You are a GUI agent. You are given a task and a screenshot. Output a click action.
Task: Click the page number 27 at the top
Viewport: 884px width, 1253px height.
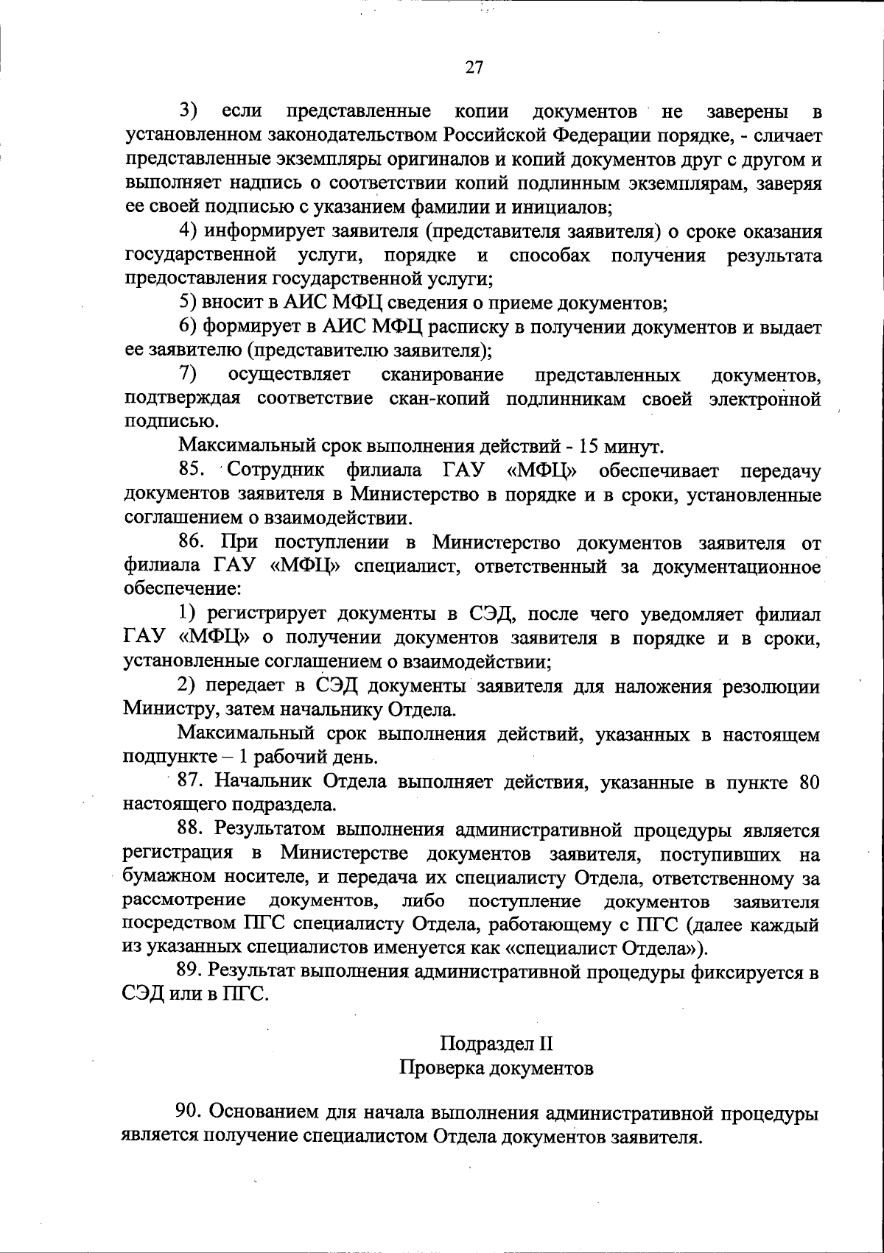[474, 68]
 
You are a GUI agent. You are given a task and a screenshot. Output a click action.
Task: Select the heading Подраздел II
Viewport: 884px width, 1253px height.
[496, 1044]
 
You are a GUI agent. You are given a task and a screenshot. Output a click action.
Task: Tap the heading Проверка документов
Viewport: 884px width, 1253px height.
[496, 1067]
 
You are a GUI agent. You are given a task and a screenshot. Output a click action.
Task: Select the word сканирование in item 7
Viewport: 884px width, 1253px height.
[442, 375]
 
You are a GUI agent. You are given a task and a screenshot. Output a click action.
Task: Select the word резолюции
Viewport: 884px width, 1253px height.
[771, 687]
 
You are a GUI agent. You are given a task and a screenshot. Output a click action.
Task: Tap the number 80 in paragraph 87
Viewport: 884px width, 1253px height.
[809, 782]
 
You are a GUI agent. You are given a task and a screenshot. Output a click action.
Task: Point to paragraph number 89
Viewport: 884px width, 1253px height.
[191, 973]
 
